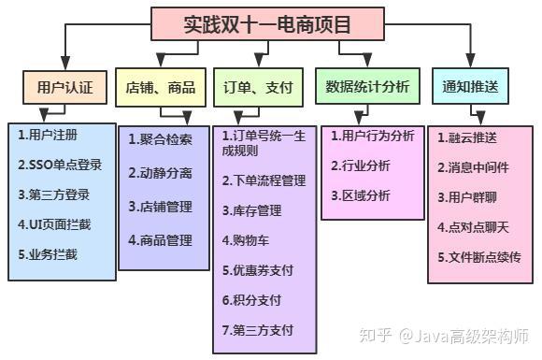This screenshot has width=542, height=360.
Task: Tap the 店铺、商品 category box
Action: (x=160, y=88)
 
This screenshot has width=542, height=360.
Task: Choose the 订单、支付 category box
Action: (x=258, y=88)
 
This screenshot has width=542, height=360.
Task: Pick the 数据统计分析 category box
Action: (x=367, y=87)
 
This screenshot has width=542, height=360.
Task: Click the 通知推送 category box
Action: (x=470, y=87)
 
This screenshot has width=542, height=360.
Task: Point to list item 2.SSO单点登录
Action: (x=61, y=165)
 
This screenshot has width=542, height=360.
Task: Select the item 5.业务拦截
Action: (x=49, y=252)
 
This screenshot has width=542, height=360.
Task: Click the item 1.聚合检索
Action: (x=161, y=139)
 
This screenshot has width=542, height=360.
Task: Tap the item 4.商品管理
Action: (x=161, y=240)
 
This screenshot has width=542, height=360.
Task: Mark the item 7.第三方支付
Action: (x=258, y=330)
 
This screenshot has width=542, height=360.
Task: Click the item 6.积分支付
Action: (x=251, y=300)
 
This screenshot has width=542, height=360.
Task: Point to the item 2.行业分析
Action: (x=361, y=166)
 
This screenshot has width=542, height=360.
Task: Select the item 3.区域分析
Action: (x=361, y=195)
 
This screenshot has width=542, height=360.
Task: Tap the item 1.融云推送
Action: (x=467, y=138)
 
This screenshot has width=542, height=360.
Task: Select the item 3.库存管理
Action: (x=251, y=210)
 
